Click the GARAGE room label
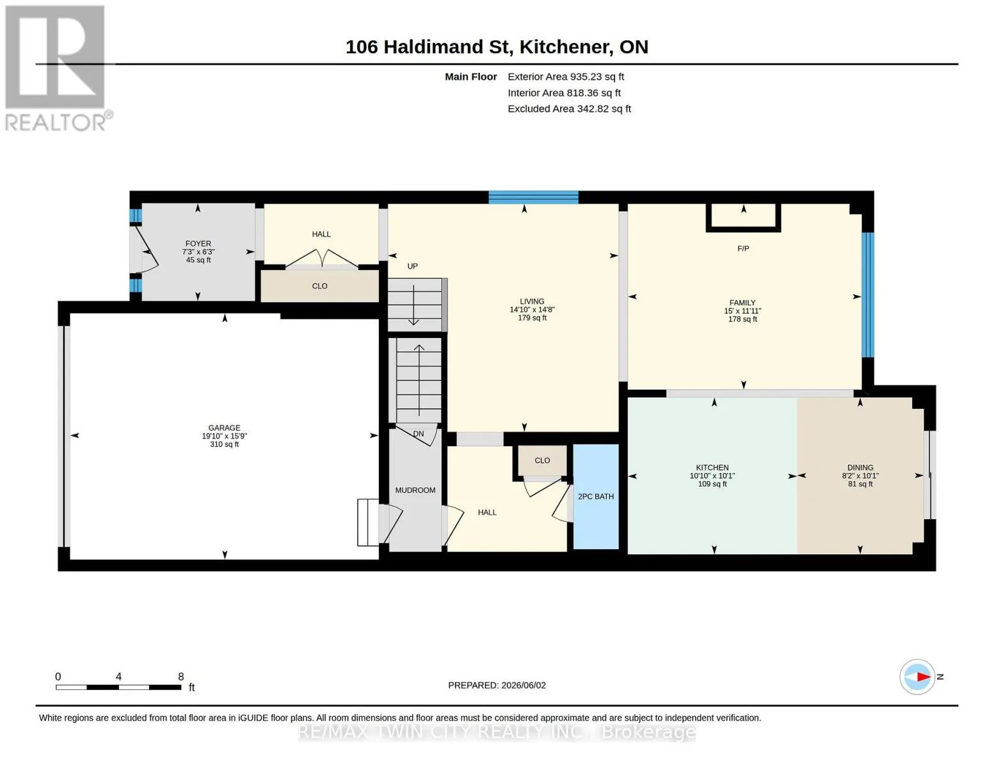pyautogui.click(x=224, y=428)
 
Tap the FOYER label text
pyautogui.click(x=198, y=244)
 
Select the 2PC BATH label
pyautogui.click(x=596, y=496)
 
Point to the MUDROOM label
pyautogui.click(x=415, y=490)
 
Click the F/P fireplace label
pyautogui.click(x=743, y=248)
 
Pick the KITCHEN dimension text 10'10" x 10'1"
pyautogui.click(x=712, y=476)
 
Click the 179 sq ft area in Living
pyautogui.click(x=532, y=318)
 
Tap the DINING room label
pyautogui.click(x=860, y=467)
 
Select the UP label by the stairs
pyautogui.click(x=412, y=266)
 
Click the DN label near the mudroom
pyautogui.click(x=418, y=434)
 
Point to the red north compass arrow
pyautogui.click(x=924, y=677)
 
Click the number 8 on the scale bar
pyautogui.click(x=180, y=676)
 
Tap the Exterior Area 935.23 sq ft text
pyautogui.click(x=566, y=77)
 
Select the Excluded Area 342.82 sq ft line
pyautogui.click(x=569, y=109)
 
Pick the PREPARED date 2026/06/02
pyautogui.click(x=524, y=685)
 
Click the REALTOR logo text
pyautogui.click(x=56, y=123)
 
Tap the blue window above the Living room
pyautogui.click(x=533, y=197)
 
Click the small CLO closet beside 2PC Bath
pyautogui.click(x=542, y=461)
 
